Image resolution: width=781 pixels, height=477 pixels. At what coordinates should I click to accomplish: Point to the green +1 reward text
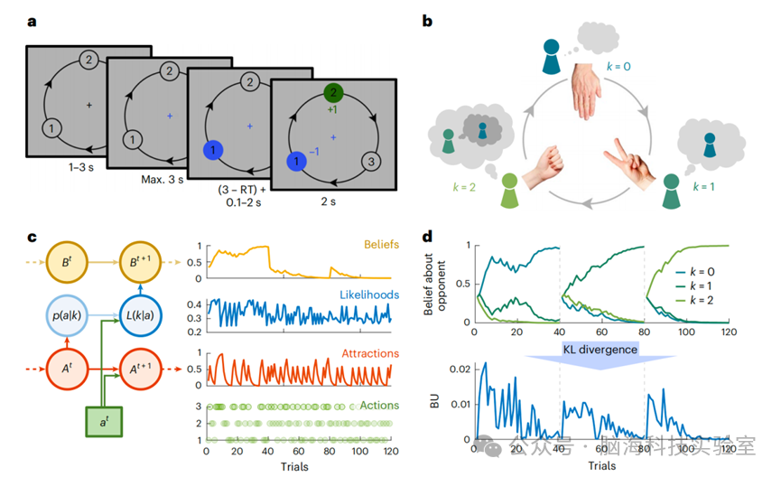[333, 111]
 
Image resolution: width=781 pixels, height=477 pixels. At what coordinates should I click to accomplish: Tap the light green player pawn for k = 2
[509, 186]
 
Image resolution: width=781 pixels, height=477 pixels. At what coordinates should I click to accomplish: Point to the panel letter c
[32, 238]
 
